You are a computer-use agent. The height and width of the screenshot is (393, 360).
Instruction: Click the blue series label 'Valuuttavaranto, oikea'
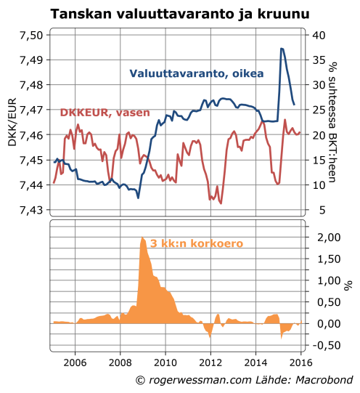[196, 73]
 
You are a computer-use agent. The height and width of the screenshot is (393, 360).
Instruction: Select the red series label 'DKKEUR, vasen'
[105, 112]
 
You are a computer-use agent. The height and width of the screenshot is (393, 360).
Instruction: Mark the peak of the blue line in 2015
[282, 49]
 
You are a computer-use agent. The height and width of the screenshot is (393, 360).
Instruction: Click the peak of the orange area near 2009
[142, 238]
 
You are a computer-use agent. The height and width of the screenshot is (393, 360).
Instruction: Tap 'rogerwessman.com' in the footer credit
[198, 381]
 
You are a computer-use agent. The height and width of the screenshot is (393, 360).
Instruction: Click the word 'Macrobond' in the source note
[322, 381]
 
